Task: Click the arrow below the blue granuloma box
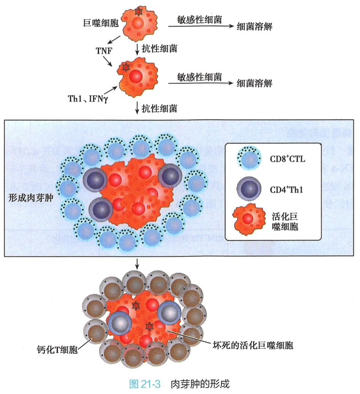pos(137,264)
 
